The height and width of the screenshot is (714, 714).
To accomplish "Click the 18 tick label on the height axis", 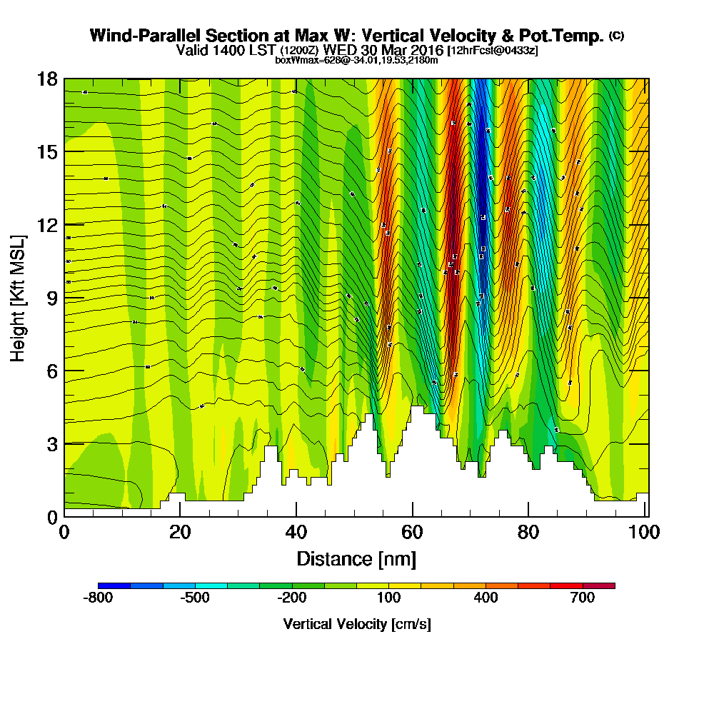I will (x=48, y=79).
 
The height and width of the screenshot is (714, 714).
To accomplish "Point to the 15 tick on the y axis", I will (x=48, y=152).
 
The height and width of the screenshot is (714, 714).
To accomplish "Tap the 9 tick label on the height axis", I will (x=52, y=298).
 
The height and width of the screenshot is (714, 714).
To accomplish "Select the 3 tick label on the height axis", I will (x=52, y=443).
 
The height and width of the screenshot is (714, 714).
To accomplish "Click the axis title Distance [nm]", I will (x=356, y=558).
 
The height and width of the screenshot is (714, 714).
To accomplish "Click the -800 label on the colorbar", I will (x=98, y=598).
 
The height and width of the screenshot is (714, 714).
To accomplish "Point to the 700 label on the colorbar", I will (x=583, y=598).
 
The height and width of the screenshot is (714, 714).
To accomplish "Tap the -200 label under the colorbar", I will (x=291, y=598).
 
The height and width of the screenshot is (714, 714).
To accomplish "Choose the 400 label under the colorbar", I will (x=486, y=598).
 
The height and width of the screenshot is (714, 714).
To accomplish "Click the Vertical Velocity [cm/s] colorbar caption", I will (x=356, y=624).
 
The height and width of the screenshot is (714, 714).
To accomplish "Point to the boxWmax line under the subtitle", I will (x=356, y=60).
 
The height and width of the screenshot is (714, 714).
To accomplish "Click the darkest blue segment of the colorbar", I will (x=114, y=585).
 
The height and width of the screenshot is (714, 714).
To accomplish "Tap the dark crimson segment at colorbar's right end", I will (x=599, y=585).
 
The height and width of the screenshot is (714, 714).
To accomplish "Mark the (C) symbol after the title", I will (x=616, y=36).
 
